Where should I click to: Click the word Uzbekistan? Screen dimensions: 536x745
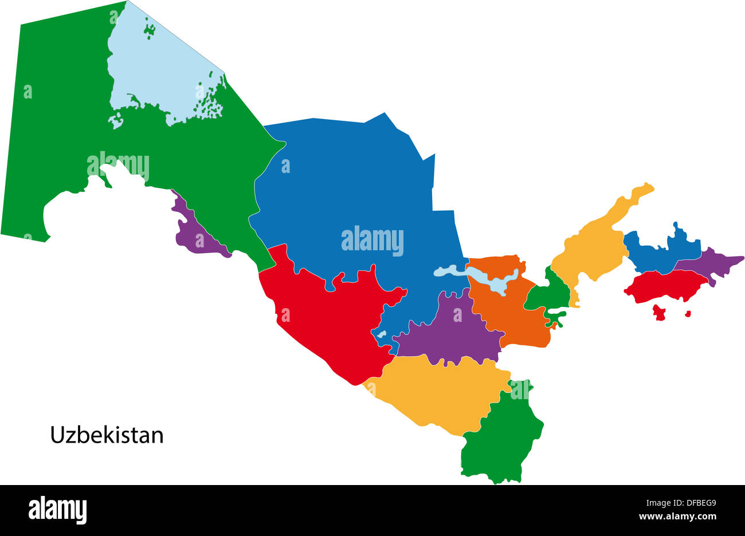pos(107,435)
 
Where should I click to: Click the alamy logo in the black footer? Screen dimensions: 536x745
pos(58,510)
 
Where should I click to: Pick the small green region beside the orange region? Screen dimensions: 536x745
pos(547,295)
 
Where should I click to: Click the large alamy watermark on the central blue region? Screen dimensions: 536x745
pos(372,241)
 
